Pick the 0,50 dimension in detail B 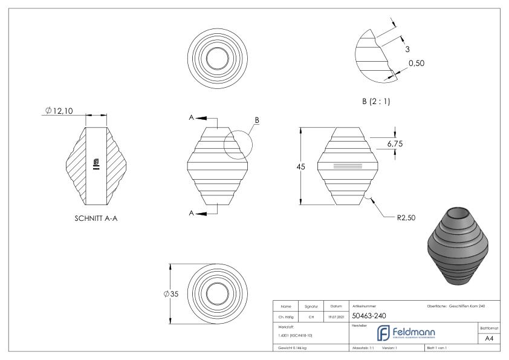coord(416,64)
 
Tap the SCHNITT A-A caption coord(96,219)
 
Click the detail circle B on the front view coord(236,145)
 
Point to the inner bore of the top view coord(217,59)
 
